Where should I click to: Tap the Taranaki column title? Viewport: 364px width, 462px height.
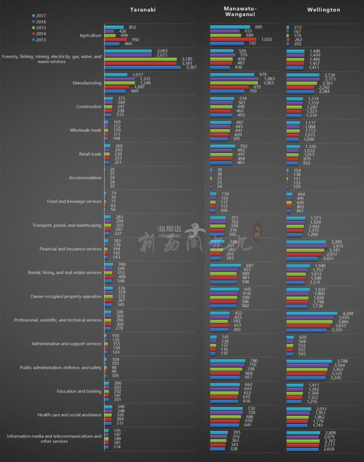[143, 10]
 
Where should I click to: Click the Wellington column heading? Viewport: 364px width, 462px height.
[324, 10]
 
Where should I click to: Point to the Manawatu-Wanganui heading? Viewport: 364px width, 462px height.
[240, 11]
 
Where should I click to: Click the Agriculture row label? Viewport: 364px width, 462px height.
[90, 35]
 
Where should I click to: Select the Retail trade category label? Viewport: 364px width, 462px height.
[90, 154]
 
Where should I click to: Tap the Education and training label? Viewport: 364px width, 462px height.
[79, 391]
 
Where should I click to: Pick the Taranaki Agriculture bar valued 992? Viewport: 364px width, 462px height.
[116, 40]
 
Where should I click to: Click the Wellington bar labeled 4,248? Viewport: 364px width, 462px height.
[312, 314]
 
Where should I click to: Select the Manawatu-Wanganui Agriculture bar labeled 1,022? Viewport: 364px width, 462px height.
[233, 40]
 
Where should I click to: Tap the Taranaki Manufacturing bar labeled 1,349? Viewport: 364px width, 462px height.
[120, 83]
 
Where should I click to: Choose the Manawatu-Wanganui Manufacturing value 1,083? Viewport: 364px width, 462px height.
[269, 79]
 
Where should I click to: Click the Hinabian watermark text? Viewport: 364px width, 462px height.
[170, 236]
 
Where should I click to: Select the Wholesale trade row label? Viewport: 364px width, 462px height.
[85, 130]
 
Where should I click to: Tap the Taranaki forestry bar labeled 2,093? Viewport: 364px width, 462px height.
[128, 51]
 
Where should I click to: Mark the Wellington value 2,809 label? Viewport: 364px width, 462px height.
[331, 433]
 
